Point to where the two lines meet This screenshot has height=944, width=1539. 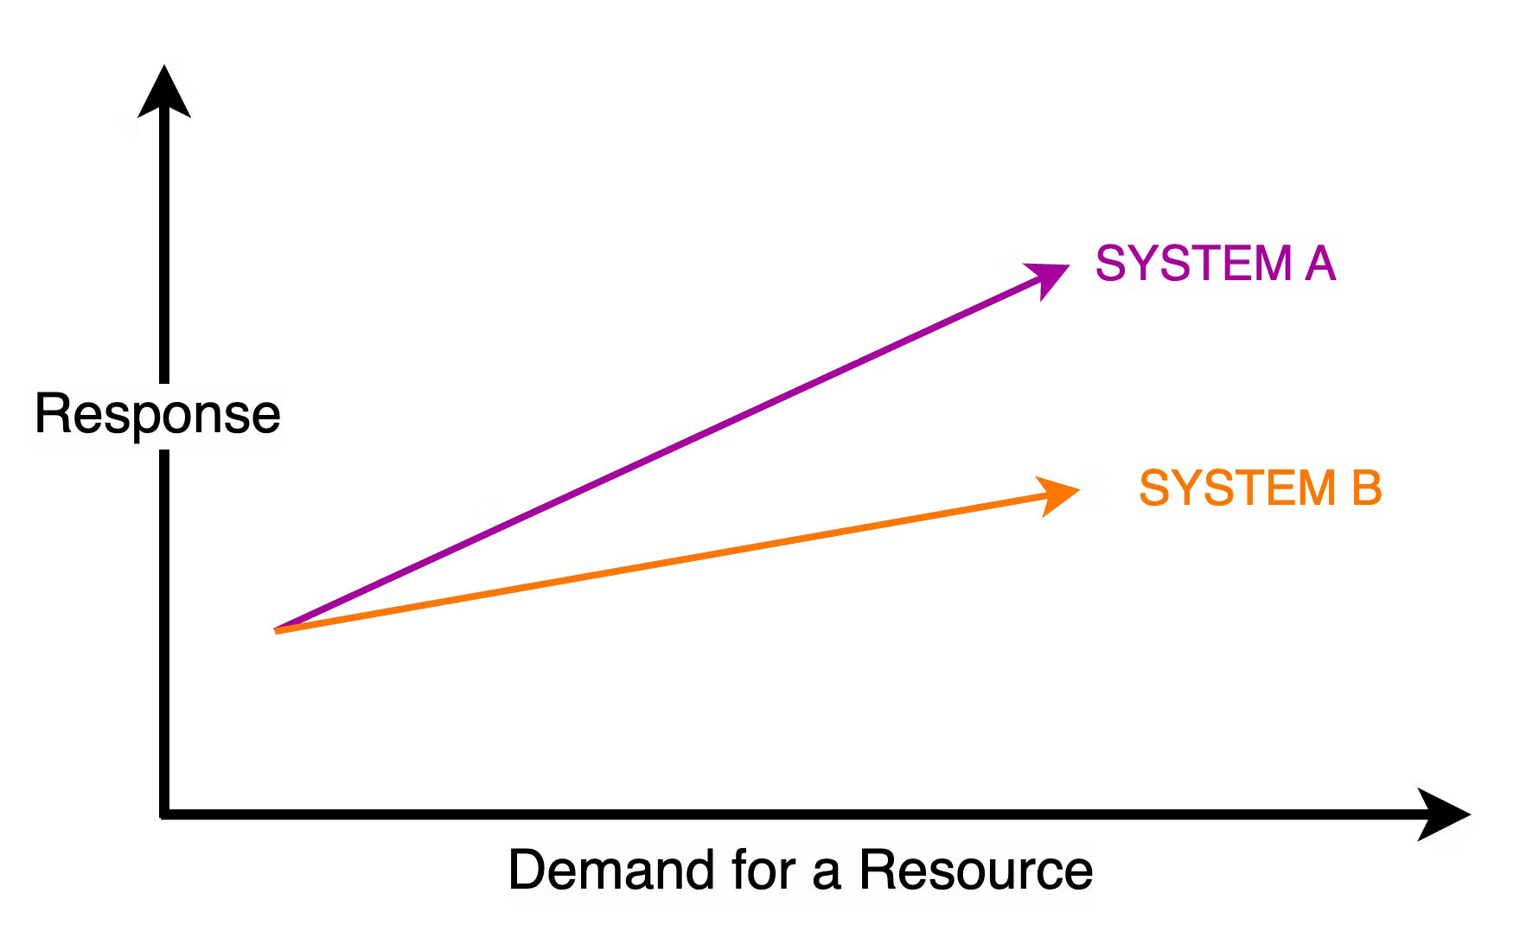(x=277, y=630)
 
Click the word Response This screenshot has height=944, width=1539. (x=157, y=415)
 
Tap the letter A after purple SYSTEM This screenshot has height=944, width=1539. (x=1320, y=264)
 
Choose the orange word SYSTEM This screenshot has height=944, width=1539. (x=1237, y=488)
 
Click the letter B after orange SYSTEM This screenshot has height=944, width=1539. (x=1366, y=488)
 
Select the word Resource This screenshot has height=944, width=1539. (x=975, y=871)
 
